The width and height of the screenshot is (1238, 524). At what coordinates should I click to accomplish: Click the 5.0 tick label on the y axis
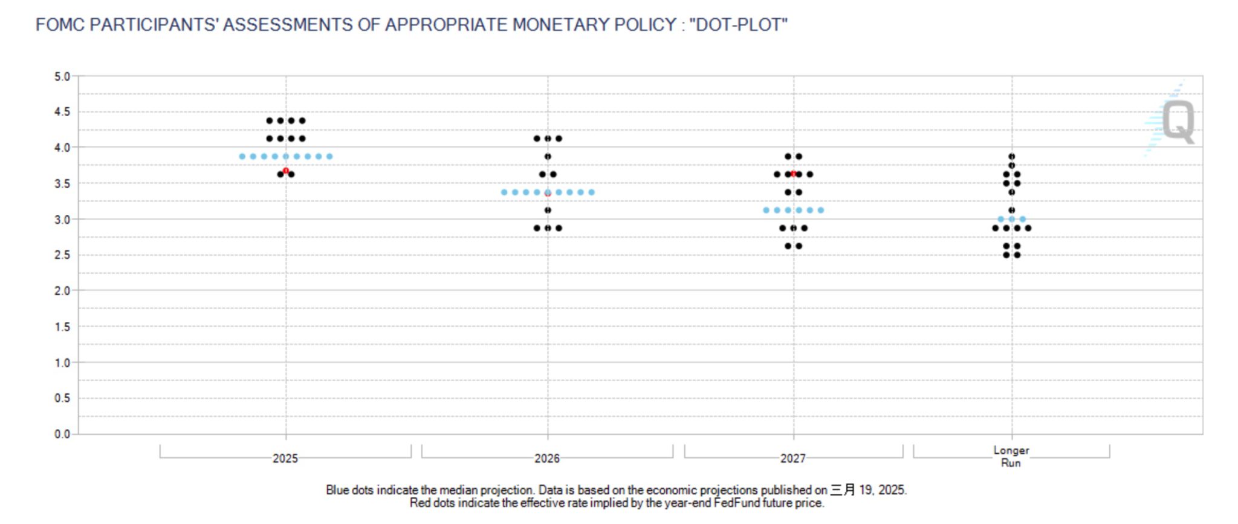(62, 77)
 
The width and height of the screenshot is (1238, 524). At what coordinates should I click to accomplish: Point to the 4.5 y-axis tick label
(62, 112)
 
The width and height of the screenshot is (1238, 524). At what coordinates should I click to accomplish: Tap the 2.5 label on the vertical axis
(62, 255)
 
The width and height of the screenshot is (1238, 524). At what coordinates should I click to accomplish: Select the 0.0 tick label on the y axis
(62, 434)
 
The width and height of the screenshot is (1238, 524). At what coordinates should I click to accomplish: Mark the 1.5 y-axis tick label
(62, 327)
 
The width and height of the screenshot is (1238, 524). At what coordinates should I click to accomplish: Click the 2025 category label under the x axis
(285, 458)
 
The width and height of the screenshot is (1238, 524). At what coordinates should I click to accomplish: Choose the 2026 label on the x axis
(547, 458)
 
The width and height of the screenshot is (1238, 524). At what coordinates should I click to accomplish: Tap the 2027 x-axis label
(793, 458)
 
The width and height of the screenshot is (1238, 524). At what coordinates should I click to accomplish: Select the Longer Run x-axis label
(1011, 456)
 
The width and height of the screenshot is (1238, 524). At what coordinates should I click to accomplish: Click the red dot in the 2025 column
(286, 171)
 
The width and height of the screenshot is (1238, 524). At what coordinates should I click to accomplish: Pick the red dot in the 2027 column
(793, 174)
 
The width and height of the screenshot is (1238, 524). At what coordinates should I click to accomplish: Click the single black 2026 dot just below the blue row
(548, 210)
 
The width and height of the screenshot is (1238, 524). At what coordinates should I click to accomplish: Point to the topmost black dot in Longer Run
(1012, 157)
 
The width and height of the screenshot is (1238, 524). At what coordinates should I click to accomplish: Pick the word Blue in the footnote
(337, 490)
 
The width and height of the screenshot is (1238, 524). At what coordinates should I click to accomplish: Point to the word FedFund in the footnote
(733, 503)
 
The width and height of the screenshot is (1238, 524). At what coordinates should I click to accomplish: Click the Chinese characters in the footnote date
(843, 490)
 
